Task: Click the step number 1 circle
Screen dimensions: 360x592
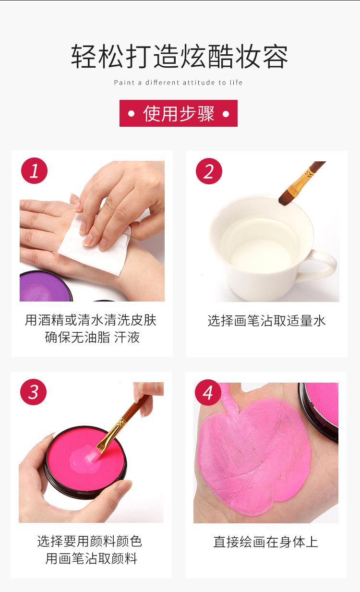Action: tap(35, 171)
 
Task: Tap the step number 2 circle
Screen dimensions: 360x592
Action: tap(209, 171)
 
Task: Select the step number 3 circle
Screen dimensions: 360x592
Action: tap(34, 392)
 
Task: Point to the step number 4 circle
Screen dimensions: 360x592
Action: tap(208, 392)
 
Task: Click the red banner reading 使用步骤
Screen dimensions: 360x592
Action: tap(179, 113)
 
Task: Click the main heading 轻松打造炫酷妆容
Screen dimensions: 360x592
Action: tap(180, 56)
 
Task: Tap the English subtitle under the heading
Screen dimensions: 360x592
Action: tap(178, 83)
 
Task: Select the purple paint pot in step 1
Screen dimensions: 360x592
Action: tap(46, 287)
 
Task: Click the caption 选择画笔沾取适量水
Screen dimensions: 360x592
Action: tap(267, 321)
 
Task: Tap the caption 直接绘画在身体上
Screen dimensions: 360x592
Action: tap(266, 542)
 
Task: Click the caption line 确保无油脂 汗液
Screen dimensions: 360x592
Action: tap(92, 337)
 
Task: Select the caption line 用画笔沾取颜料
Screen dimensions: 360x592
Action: tap(91, 558)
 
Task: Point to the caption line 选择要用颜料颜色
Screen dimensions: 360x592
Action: tap(90, 541)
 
